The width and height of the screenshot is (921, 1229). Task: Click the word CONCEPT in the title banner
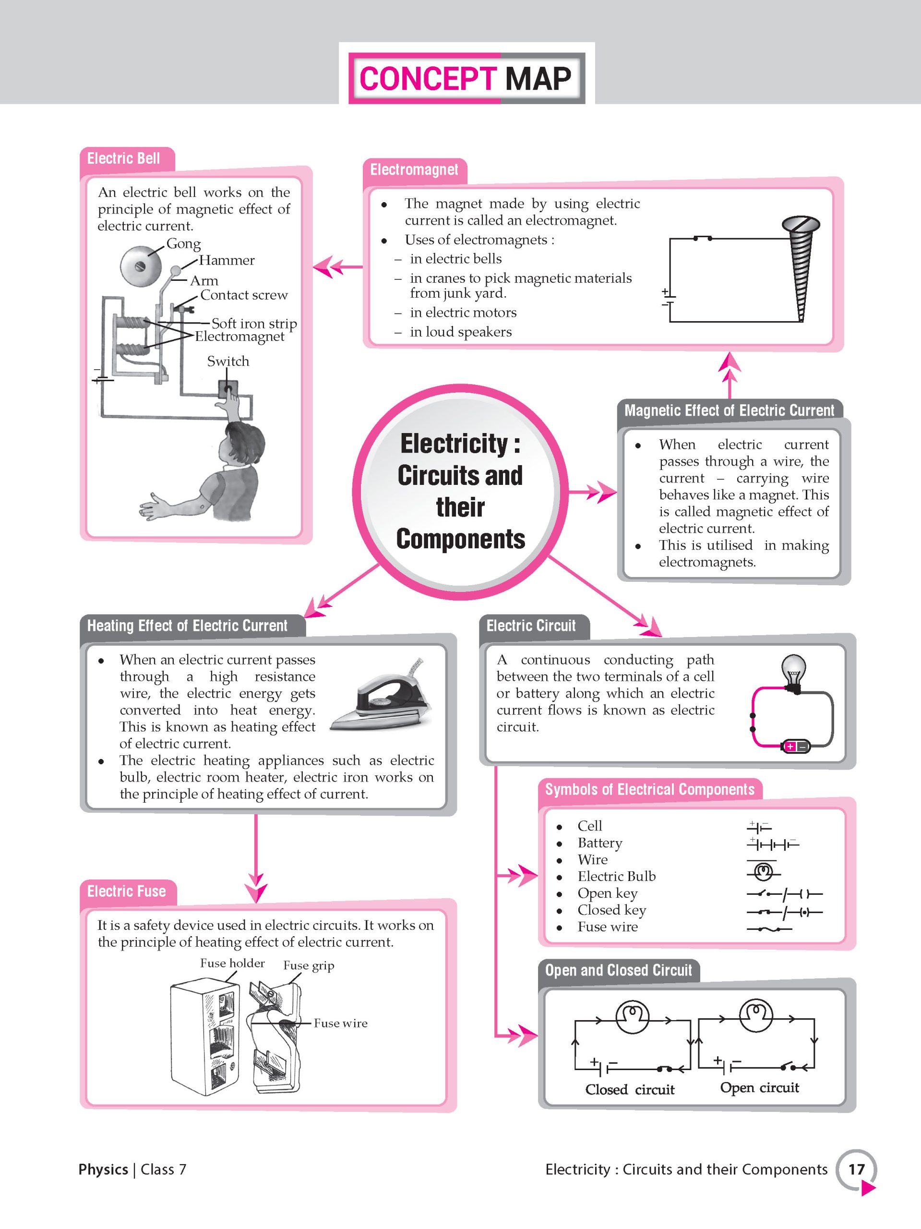(427, 78)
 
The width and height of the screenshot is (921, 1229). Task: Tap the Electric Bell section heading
(123, 159)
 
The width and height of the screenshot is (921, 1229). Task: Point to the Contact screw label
(244, 295)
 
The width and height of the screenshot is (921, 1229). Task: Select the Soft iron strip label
(254, 324)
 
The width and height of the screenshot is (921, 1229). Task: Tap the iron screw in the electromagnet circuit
(801, 267)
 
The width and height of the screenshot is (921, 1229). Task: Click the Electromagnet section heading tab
(414, 170)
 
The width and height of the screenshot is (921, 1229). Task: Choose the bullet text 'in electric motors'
(463, 313)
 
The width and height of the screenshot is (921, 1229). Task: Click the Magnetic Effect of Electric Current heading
(729, 410)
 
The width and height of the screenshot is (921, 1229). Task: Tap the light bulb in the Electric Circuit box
(794, 672)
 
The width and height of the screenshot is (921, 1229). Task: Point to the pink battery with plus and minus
(795, 746)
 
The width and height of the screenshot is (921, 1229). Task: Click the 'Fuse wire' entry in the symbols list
(607, 927)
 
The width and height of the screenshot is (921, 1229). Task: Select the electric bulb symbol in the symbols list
(763, 871)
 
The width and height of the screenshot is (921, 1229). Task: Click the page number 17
(856, 1169)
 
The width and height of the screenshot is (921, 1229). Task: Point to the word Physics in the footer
(103, 1169)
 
